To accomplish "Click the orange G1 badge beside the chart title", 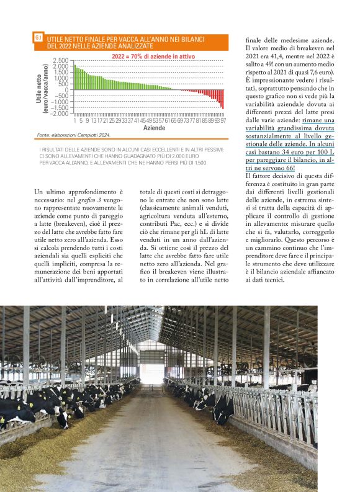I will tap(38, 38).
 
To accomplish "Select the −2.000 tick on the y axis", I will tap(60, 114).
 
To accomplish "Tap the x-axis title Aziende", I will tap(154, 128).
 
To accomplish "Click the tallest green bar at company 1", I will tap(74, 77).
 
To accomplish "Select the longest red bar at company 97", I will tap(223, 99).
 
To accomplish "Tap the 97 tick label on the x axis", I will tap(223, 120).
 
